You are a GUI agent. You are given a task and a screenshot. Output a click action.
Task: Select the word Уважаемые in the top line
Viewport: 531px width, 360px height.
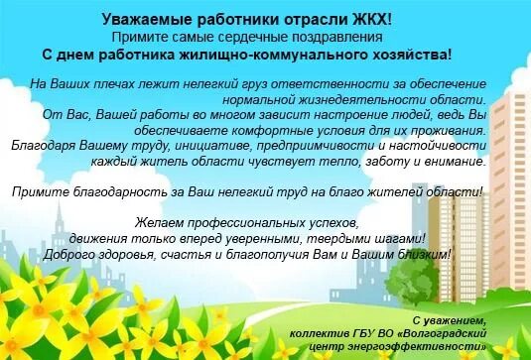[143, 19]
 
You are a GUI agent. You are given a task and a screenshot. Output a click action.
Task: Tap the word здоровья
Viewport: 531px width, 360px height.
[151, 255]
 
